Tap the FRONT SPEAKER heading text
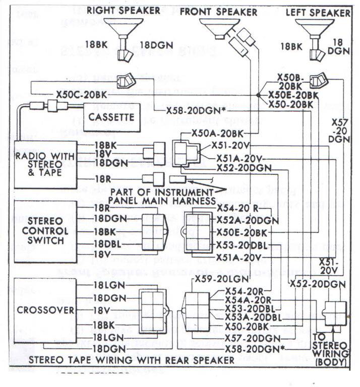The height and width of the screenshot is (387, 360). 218,11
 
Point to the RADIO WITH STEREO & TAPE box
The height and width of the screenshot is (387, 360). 45,164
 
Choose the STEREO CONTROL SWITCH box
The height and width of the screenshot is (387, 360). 45,231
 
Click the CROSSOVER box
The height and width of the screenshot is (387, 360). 45,309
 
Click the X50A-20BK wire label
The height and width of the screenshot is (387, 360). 218,133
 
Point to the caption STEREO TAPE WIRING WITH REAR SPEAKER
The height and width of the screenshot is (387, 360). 132,360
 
